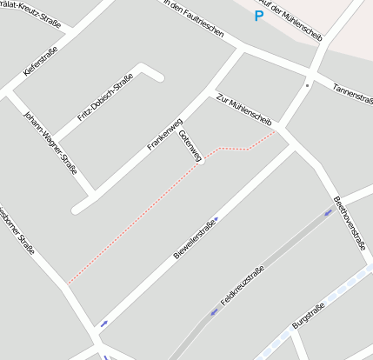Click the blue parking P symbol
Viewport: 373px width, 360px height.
pyautogui.click(x=258, y=16)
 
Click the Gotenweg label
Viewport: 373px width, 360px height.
pyautogui.click(x=190, y=145)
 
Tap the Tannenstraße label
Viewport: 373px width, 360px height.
pyautogui.click(x=353, y=90)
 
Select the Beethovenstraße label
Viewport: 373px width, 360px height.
pyautogui.click(x=350, y=223)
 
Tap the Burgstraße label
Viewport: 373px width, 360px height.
pyautogui.click(x=309, y=314)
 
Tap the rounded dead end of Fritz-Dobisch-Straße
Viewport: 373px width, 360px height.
pyautogui.click(x=157, y=76)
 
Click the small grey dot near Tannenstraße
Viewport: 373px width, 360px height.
pyautogui.click(x=307, y=85)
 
